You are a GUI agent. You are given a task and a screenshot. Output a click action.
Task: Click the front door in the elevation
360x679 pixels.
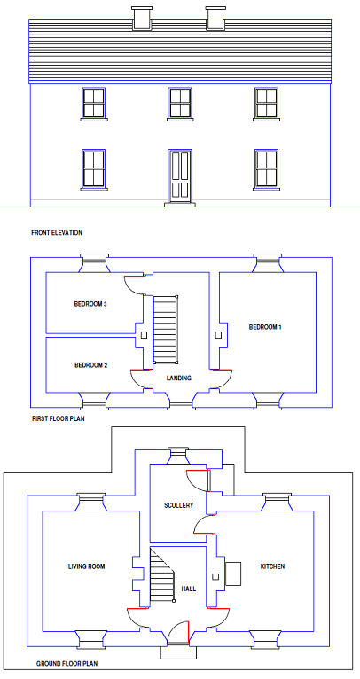[x=179, y=176]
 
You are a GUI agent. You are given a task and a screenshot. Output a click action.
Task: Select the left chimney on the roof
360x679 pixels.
[x=142, y=19]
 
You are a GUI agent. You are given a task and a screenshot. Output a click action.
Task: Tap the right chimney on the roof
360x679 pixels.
[x=216, y=19]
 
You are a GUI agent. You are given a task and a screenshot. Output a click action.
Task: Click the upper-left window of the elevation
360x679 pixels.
[x=94, y=103]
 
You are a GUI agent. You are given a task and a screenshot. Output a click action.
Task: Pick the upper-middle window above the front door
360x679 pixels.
[x=180, y=103]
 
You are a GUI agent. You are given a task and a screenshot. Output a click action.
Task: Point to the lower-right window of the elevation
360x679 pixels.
[x=266, y=169]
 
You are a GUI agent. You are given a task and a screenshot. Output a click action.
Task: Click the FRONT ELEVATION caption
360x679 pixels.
[x=57, y=232]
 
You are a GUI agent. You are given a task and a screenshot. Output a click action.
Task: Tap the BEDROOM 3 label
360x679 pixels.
[x=90, y=304]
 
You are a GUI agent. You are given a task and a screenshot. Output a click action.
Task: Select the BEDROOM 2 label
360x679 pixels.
[x=91, y=365]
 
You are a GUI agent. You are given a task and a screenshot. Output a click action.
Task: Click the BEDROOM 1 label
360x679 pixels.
[x=265, y=327]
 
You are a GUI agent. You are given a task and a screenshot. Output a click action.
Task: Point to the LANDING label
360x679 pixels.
[x=179, y=378]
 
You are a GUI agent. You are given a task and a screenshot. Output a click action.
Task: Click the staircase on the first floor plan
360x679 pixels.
[x=166, y=330]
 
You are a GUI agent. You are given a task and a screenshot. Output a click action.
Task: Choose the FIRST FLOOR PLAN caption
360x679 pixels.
[x=58, y=418]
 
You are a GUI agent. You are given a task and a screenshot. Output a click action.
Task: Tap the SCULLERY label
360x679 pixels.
[x=178, y=505]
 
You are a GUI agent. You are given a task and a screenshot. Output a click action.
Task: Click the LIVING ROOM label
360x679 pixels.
[x=87, y=566]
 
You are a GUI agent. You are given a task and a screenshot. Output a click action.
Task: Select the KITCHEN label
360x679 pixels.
[x=272, y=566]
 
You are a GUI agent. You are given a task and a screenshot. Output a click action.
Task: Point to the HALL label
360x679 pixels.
[x=189, y=589]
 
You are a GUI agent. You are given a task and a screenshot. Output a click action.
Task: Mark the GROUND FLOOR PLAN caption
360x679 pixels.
[x=67, y=663]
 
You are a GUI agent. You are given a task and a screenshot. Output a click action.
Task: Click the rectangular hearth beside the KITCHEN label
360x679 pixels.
[x=233, y=574]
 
